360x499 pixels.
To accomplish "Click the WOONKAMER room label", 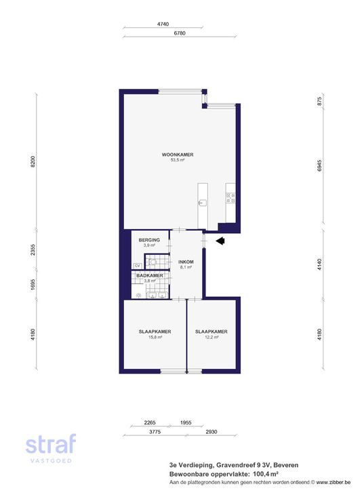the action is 178,155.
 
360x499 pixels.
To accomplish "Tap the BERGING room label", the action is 149,240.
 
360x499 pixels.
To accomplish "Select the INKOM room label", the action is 186,262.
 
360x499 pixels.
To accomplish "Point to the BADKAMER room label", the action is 150,275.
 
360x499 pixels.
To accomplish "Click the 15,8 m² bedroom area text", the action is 155,337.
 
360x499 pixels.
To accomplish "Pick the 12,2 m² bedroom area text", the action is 212,337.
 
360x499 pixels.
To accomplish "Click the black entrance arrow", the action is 220,241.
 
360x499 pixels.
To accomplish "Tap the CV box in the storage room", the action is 138,265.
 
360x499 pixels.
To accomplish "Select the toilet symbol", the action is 153,262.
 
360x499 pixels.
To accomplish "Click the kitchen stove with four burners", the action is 231,198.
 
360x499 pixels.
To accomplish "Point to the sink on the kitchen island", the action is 203,203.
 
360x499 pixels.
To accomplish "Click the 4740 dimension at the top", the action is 163,24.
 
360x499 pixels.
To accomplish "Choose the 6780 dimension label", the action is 180,33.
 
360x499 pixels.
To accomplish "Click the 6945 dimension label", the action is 320,165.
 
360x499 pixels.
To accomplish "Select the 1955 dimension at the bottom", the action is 186,422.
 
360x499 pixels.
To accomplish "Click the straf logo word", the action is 51,444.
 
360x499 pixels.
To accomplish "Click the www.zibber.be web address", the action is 334,483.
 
